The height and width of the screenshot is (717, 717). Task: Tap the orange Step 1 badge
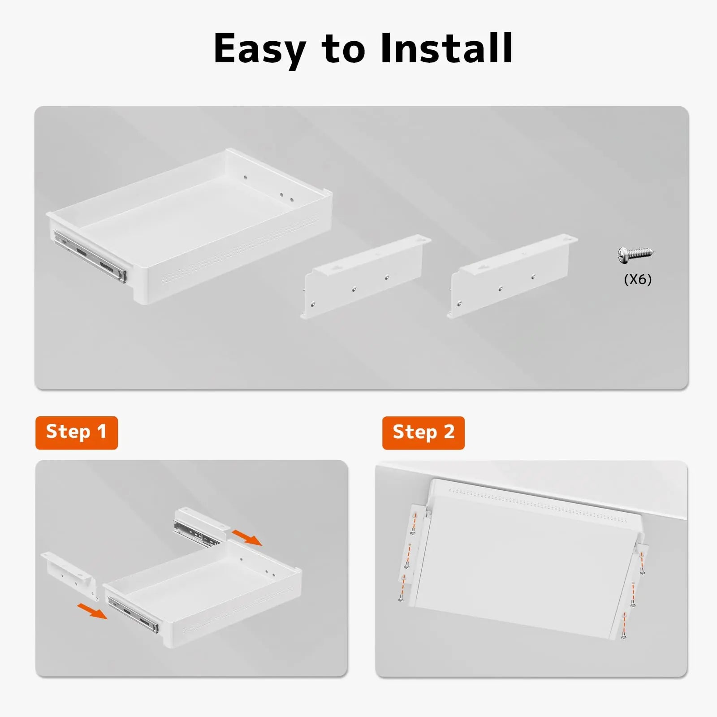tap(77, 432)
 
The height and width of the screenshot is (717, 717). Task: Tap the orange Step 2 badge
tap(423, 432)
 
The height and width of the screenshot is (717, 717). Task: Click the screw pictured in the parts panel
tap(635, 254)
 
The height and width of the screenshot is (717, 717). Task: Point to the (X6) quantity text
tap(638, 280)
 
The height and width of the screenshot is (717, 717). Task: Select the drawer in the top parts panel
tap(189, 226)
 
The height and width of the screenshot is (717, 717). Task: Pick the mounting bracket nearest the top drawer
tap(365, 276)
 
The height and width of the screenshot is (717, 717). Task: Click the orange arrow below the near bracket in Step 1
tap(92, 611)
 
